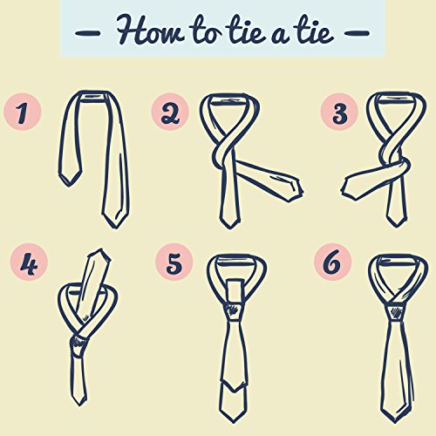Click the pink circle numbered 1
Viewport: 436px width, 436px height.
pos(23,112)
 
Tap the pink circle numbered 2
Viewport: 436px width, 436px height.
pos(170,112)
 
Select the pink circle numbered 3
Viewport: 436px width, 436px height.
pos(339,112)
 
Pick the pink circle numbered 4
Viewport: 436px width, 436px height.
pos(29,262)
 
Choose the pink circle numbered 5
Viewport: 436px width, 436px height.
pos(174,262)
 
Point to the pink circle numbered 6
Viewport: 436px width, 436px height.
pos(333,262)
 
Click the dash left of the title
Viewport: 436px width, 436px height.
pos(88,33)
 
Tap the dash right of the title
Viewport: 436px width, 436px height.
pos(358,33)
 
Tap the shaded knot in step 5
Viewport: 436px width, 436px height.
pos(234,310)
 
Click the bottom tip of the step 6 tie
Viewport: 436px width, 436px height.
pos(395,424)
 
